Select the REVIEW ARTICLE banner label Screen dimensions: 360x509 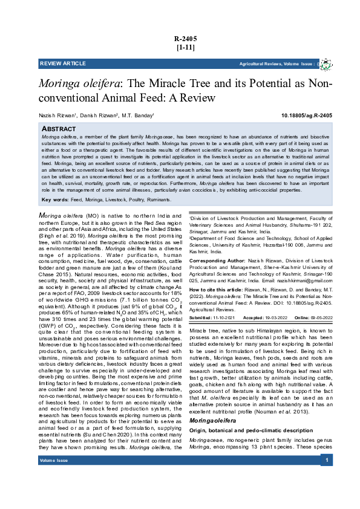tap(63, 63)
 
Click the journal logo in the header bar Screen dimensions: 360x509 tap(327, 63)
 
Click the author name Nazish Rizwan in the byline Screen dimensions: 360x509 tap(56, 115)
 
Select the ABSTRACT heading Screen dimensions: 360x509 tap(59, 129)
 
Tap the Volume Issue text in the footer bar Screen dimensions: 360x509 tap(53, 495)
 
